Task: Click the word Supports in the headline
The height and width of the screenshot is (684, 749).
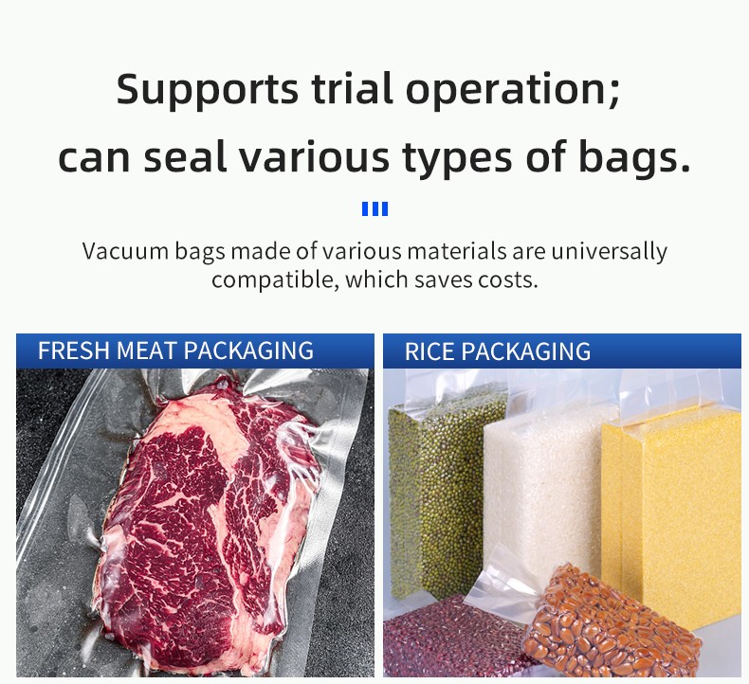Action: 208,90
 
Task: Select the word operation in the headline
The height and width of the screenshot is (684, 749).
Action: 512,90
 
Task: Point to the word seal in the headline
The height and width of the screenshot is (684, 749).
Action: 185,156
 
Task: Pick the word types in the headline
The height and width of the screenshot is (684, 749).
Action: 457,160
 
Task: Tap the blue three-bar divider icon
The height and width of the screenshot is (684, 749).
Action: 375,209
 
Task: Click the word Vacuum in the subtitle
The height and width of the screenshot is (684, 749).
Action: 125,251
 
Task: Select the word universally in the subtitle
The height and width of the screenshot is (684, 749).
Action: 609,252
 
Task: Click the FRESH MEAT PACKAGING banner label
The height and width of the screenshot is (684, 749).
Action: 175,351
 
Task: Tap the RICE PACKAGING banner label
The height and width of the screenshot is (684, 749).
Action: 497,351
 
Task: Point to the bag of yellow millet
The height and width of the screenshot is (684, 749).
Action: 671,506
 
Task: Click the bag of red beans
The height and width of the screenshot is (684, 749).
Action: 454,639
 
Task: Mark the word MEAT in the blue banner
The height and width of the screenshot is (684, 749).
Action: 147,351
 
